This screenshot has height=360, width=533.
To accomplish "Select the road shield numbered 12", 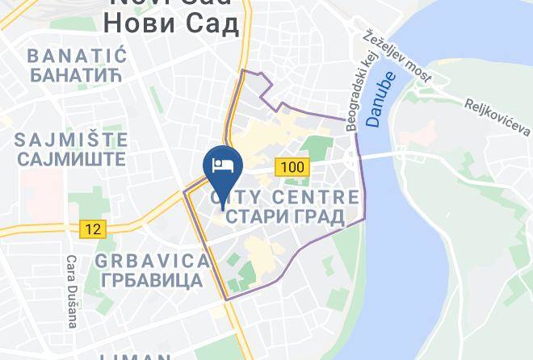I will tap(93, 229).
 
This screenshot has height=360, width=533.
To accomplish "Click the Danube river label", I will tap(379, 100).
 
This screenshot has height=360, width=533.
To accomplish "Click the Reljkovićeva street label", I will tap(497, 117).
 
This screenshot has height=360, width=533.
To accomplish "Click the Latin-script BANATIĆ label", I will tap(78, 56).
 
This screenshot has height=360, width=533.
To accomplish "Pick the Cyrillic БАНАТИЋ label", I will tap(78, 77).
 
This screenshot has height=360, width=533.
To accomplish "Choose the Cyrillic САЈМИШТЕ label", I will tap(71, 159).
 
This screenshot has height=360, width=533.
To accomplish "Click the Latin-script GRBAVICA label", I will tap(152, 261).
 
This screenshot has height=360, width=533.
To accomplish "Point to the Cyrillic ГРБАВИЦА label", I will tap(152, 281).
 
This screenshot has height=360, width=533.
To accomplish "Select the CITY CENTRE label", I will tap(285, 197).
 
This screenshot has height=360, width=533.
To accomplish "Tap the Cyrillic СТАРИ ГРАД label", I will tap(285, 216).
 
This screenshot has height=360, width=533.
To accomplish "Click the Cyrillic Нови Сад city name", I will tap(172, 25).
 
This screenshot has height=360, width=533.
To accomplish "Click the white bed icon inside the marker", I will tap(223, 165).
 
